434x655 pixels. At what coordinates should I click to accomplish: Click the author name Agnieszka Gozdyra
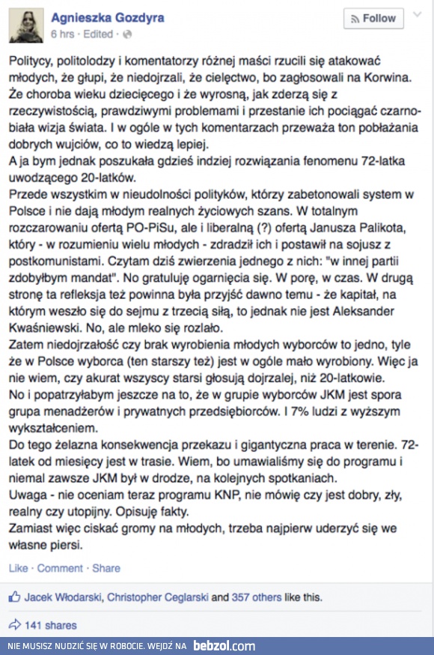click(x=108, y=17)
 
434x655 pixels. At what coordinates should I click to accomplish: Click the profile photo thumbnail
click(x=25, y=25)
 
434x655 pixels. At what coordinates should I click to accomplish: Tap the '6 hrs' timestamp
click(x=62, y=34)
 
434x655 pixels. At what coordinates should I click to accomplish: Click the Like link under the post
click(x=18, y=568)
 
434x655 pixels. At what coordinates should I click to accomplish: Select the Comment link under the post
click(x=60, y=568)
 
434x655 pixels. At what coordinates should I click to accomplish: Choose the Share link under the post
click(x=106, y=568)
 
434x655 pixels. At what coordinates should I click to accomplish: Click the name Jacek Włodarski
click(x=63, y=597)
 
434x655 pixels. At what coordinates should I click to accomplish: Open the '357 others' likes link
click(x=255, y=597)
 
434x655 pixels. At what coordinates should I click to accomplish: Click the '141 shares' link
click(x=50, y=625)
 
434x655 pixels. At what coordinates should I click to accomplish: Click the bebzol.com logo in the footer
click(x=224, y=645)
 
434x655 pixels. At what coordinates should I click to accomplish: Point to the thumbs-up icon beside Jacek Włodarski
click(x=14, y=597)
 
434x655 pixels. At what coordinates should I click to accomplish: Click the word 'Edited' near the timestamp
click(x=99, y=34)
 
